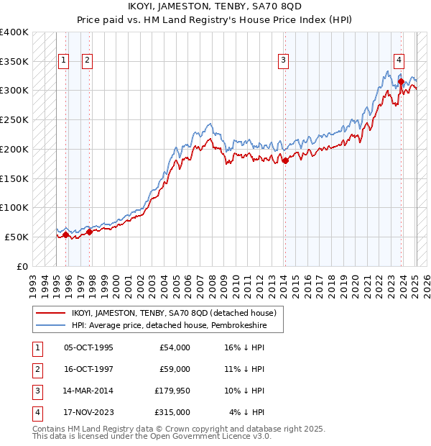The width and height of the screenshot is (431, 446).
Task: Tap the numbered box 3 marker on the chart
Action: click(284, 61)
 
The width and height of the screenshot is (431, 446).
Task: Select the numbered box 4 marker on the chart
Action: click(399, 61)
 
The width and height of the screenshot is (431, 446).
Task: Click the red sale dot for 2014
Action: click(285, 160)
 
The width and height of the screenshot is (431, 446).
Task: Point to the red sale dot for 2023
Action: click(401, 81)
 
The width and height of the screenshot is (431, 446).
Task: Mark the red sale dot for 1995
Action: click(65, 235)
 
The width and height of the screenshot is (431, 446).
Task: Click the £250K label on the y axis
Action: click(14, 120)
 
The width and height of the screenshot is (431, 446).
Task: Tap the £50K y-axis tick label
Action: click(17, 237)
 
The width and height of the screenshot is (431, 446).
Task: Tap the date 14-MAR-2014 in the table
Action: click(89, 391)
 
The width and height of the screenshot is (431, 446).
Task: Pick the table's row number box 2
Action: click(36, 370)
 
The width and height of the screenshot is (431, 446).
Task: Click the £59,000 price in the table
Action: click(175, 370)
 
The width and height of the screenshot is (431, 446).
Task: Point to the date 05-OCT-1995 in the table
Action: click(89, 348)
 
